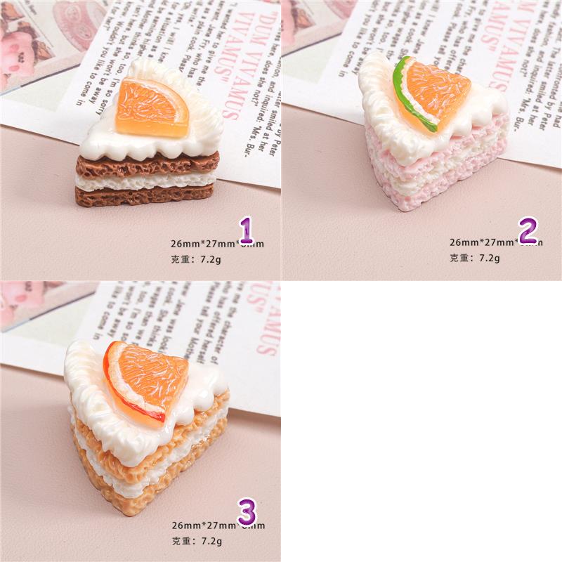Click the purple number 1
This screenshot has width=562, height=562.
tap(245, 230)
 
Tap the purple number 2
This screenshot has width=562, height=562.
tap(528, 230)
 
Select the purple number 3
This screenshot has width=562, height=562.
tap(245, 511)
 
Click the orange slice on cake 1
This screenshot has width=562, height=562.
tap(153, 107)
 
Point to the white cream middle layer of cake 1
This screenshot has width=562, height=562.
tap(146, 180)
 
